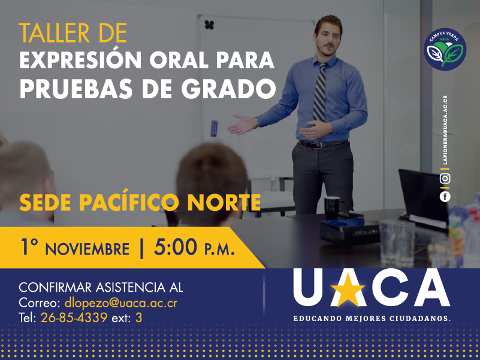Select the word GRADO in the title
coord(229,89)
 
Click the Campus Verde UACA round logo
coord(445,49)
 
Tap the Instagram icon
coord(445,179)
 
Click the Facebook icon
coord(445,196)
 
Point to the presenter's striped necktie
coord(319,91)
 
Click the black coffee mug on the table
coord(333,207)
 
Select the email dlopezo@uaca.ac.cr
coord(121,302)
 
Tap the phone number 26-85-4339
coord(74,317)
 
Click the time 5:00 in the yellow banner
coord(176,247)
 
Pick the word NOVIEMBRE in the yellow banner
coord(87,249)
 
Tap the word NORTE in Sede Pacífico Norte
coord(224,202)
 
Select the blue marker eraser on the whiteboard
coord(214,128)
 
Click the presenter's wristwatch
coord(256,122)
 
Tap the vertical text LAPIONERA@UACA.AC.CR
coord(445,130)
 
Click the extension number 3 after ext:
coord(138,317)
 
